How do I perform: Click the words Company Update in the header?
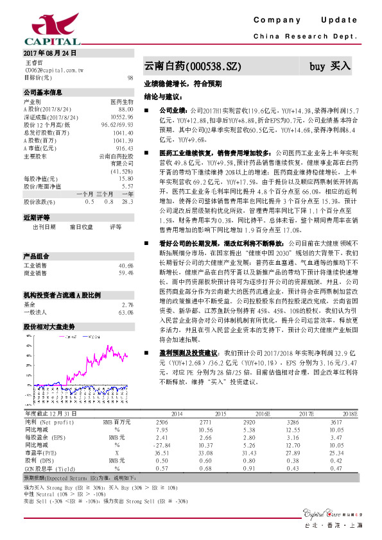click(305, 21)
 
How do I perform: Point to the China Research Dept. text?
click(304, 36)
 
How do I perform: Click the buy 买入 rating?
click(330, 66)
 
